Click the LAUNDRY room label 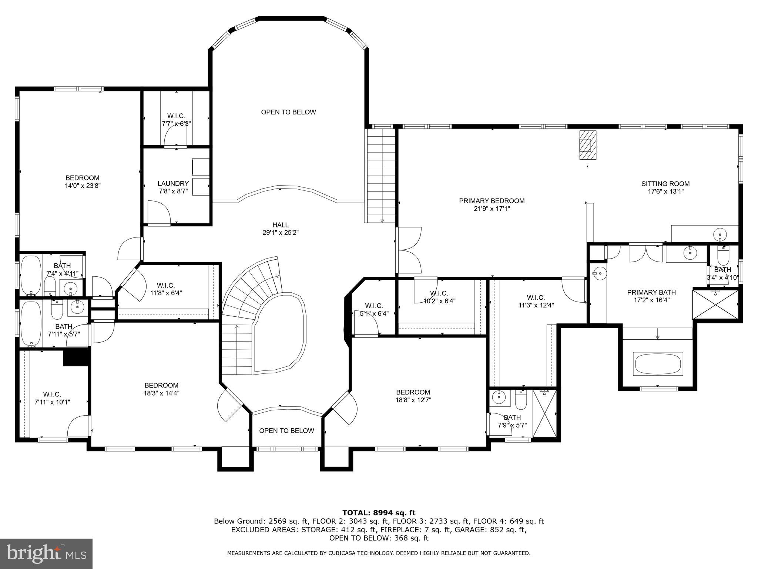tap(173, 183)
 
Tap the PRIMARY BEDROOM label tap(492, 201)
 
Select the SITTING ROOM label tap(665, 184)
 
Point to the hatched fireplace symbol tap(588, 145)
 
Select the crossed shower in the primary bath tap(715, 304)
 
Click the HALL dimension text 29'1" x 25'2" tap(280, 233)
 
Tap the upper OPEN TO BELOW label tap(288, 112)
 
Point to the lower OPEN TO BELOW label tap(286, 430)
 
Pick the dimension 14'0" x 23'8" tap(83, 186)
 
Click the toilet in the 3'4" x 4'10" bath tap(722, 255)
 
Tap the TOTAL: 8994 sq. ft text tap(379, 513)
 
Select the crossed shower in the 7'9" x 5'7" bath tap(544, 413)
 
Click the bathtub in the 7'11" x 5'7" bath tap(31, 323)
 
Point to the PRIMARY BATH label tap(651, 292)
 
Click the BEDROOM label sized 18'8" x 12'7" tap(413, 392)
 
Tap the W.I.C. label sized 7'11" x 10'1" tap(52, 394)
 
